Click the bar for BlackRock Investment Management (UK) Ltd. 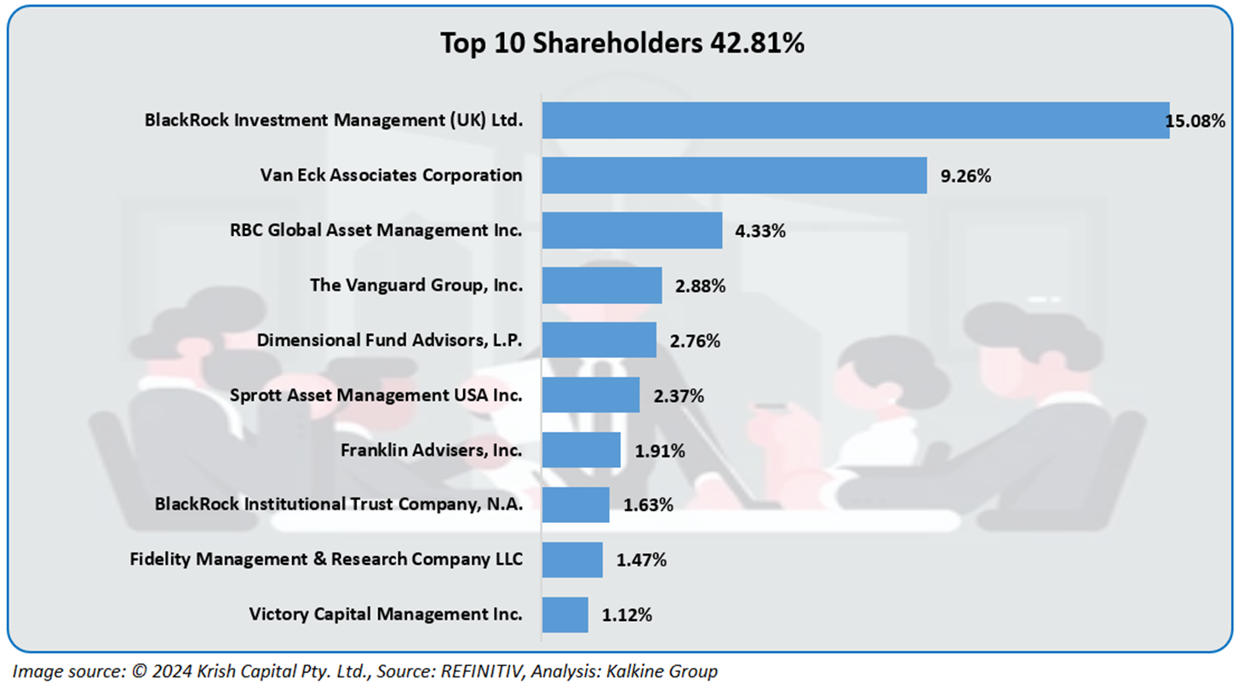855,121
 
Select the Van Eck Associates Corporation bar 734,175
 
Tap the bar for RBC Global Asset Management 632,231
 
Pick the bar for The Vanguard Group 601,285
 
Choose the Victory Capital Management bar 565,614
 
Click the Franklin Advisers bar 581,450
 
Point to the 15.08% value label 1195,121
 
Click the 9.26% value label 966,176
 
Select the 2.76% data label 695,341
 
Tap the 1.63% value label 648,505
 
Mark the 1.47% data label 641,560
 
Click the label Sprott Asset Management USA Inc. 375,395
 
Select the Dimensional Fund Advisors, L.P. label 389,341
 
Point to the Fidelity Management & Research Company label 326,560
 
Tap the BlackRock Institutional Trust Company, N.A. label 338,504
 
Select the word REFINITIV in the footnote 481,671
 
